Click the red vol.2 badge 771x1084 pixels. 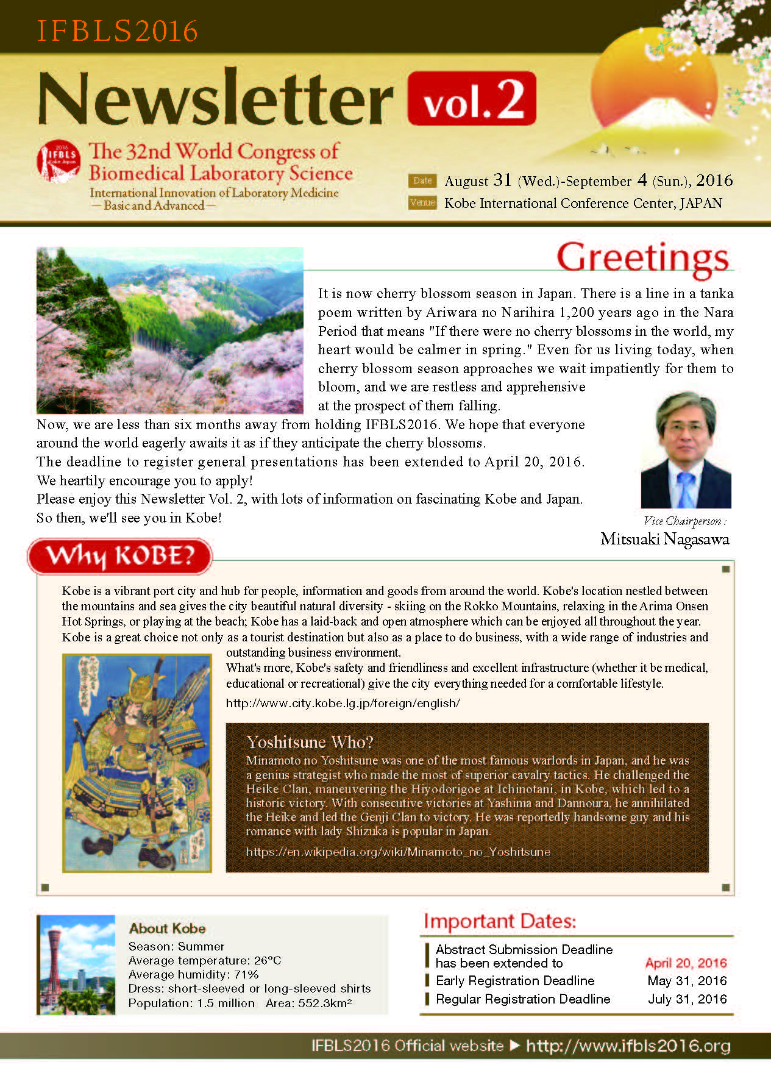471,99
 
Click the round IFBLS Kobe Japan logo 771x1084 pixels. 59,162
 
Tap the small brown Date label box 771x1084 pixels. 422,180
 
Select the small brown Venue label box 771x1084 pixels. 422,202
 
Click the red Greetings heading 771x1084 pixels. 642,257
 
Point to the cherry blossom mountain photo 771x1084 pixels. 169,330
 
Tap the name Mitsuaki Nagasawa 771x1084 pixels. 664,539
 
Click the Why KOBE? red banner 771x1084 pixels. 120,556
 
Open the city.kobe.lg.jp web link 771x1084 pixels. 343,703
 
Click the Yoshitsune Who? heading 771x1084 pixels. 310,742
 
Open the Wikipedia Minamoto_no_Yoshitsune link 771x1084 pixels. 398,852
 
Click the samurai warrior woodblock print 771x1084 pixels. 137,763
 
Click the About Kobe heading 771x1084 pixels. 167,929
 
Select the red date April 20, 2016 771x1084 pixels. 686,963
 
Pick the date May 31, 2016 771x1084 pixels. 687,981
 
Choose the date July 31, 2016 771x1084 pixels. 687,999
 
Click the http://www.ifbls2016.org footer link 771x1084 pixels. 628,1046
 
